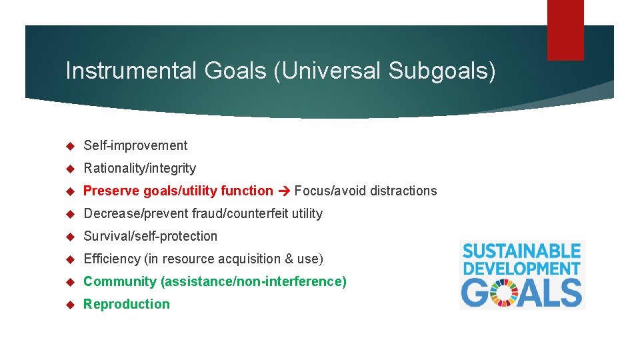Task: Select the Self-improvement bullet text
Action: click(135, 145)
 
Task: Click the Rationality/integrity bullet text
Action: click(139, 168)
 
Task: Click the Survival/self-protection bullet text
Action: click(150, 236)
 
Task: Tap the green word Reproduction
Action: click(126, 304)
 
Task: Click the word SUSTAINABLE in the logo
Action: click(522, 252)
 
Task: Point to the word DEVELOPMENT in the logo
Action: click(522, 268)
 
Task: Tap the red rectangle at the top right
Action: click(565, 30)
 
